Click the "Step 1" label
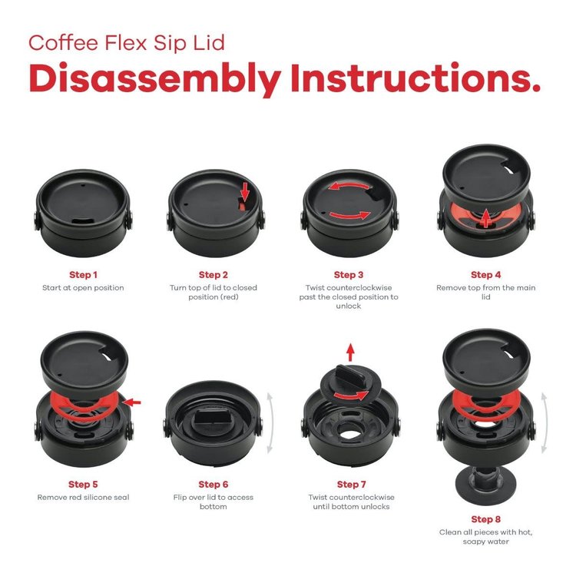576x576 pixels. (x=83, y=274)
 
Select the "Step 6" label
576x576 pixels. (x=214, y=484)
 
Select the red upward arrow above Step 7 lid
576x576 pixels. (x=350, y=353)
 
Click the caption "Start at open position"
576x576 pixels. (x=83, y=288)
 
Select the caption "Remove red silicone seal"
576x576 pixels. (x=83, y=498)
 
